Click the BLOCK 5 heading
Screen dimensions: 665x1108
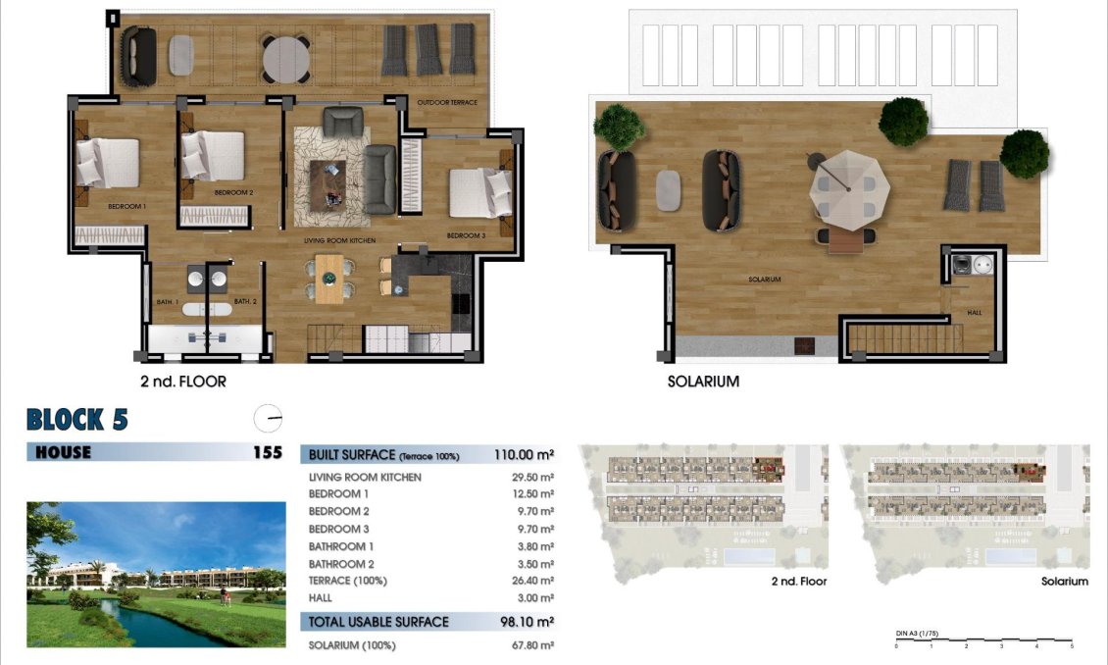pyautogui.click(x=77, y=420)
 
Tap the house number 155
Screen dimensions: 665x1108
pyautogui.click(x=267, y=452)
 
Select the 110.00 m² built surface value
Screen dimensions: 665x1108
pyautogui.click(x=525, y=455)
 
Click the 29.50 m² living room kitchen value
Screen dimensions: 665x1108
pyautogui.click(x=534, y=477)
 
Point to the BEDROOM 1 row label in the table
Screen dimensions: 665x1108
pyautogui.click(x=338, y=494)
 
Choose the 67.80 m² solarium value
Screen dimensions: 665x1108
pyautogui.click(x=534, y=645)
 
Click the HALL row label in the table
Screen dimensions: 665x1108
pyautogui.click(x=321, y=597)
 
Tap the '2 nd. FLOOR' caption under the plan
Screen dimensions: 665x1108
pyautogui.click(x=183, y=382)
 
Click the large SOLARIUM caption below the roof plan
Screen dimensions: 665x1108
pyautogui.click(x=703, y=382)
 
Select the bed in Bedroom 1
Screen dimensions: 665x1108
pyautogui.click(x=107, y=162)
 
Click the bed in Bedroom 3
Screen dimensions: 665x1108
pyautogui.click(x=479, y=192)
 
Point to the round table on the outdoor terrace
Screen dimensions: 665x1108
pyautogui.click(x=285, y=58)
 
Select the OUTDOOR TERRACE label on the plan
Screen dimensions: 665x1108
pyautogui.click(x=446, y=103)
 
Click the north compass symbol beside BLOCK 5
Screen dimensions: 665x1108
pyautogui.click(x=268, y=419)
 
